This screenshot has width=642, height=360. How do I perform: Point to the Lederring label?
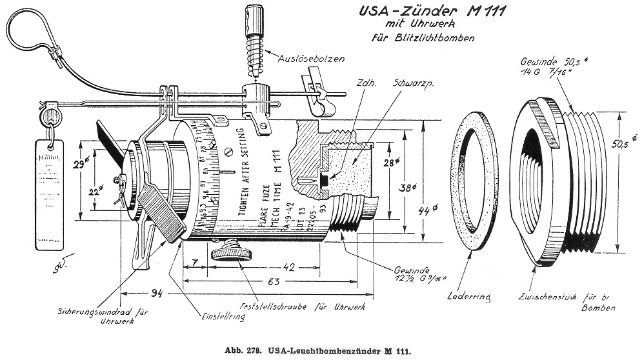(x=469, y=297)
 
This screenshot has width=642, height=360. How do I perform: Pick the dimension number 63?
(x=273, y=281)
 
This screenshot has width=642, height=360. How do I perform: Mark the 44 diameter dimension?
(x=426, y=210)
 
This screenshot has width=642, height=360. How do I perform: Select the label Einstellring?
(x=212, y=318)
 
